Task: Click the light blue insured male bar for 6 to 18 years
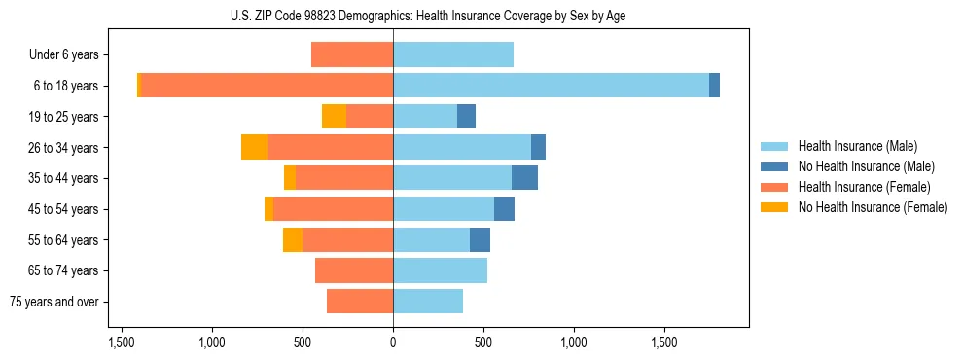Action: (551, 86)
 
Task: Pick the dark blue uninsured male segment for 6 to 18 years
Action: (714, 86)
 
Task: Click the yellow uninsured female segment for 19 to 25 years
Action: (334, 117)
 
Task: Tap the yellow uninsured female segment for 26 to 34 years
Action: (254, 147)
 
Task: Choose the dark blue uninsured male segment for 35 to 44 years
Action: (524, 178)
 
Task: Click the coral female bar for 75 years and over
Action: (360, 302)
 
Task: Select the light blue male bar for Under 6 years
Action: (453, 55)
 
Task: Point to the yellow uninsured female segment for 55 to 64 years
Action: (292, 239)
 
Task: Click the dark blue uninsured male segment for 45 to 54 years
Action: (504, 209)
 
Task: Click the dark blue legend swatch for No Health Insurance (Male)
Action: (774, 166)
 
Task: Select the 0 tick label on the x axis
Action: (393, 342)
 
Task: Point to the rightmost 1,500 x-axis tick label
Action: (664, 342)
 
